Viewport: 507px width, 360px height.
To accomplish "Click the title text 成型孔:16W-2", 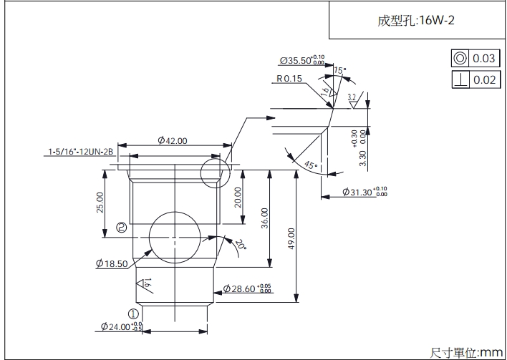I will tap(416, 20).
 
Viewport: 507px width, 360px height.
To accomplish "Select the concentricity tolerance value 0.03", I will tap(484, 59).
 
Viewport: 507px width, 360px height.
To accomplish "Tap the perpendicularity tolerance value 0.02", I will tap(484, 79).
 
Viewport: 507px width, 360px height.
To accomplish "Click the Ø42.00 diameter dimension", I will tap(172, 141).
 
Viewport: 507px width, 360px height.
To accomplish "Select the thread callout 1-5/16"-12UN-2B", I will tap(81, 152).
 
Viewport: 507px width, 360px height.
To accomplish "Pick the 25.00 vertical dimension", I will tap(100, 202).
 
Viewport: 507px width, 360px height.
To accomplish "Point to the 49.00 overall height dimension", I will tap(291, 239).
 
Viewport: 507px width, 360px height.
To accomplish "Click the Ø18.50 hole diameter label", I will tap(111, 263).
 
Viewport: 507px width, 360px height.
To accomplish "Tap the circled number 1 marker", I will tap(132, 313).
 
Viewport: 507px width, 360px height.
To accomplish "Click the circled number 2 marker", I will tap(122, 228).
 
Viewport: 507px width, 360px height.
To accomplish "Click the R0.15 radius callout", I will tap(289, 79).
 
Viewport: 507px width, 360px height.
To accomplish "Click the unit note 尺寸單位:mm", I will tap(466, 352).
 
